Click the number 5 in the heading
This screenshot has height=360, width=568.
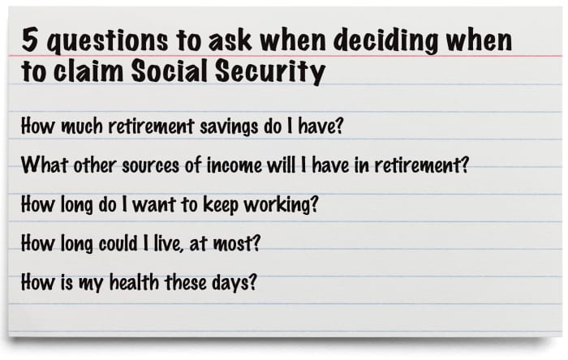click(x=30, y=40)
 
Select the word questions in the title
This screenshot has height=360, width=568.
click(x=108, y=41)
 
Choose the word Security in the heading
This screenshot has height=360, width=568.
click(x=270, y=71)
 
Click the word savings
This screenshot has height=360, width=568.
click(x=229, y=127)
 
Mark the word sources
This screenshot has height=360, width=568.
click(x=150, y=165)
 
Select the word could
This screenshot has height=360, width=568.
click(x=118, y=243)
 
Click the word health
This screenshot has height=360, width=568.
click(x=134, y=282)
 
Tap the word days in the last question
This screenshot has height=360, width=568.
click(x=230, y=283)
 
